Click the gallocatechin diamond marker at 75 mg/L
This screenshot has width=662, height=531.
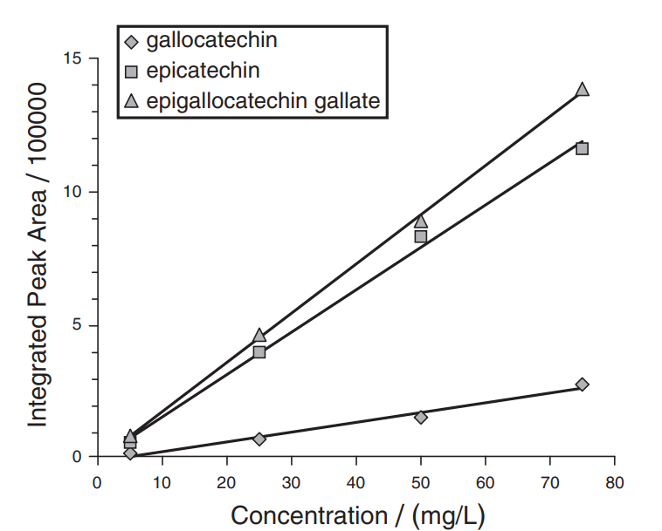[583, 385]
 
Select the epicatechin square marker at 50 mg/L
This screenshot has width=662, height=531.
[421, 236]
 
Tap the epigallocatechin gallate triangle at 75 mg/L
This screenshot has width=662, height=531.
[583, 90]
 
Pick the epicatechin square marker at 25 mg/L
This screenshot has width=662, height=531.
[259, 352]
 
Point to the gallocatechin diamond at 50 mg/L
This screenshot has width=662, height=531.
[421, 417]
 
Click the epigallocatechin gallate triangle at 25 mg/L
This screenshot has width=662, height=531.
[259, 336]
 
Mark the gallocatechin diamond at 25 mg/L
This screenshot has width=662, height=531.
[259, 439]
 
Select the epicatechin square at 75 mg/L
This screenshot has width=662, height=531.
[583, 148]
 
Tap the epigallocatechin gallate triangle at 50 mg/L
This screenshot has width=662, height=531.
[421, 221]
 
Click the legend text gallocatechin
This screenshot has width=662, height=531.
[212, 39]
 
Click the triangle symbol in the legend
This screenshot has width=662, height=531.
[132, 102]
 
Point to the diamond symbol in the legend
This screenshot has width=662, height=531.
[132, 40]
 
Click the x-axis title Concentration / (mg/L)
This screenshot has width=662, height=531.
[356, 515]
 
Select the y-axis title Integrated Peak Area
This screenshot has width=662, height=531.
[38, 262]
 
